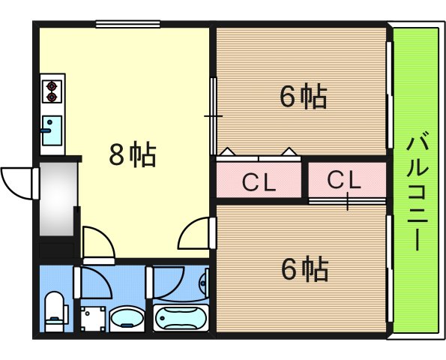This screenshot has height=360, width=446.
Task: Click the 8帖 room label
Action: [x=133, y=154]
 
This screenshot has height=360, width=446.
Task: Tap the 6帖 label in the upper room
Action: [x=304, y=96]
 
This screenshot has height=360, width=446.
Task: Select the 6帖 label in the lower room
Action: [x=304, y=268]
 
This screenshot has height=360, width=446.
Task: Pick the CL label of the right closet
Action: [x=344, y=180]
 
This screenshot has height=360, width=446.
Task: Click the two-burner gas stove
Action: [x=52, y=91]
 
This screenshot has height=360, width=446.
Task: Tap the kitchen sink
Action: [x=52, y=130]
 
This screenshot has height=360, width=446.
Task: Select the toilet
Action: [x=56, y=311]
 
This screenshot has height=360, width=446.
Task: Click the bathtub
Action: [x=181, y=318]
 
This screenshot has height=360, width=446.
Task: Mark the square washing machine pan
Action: [x=93, y=319]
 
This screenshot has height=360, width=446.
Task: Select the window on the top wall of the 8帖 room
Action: [x=127, y=24]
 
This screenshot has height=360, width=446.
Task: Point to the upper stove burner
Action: [x=52, y=85]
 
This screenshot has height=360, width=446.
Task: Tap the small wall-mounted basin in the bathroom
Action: [x=205, y=283]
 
